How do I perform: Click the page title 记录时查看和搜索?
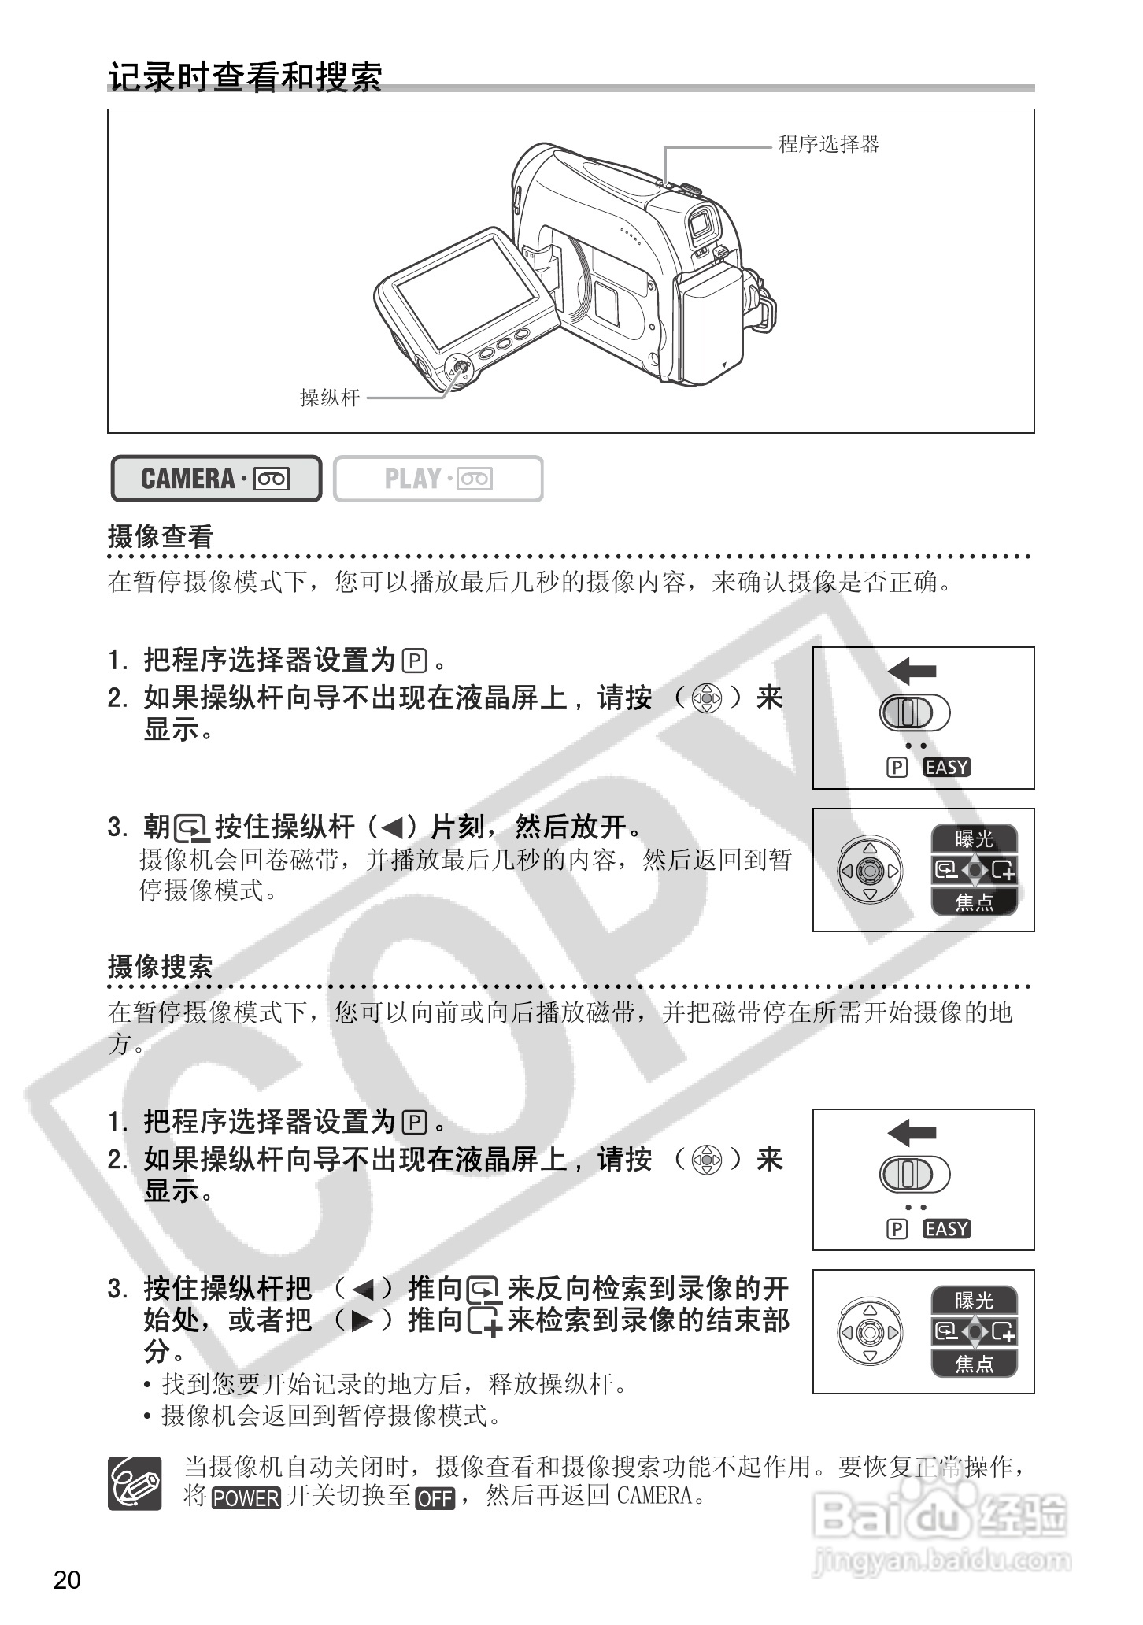click(245, 77)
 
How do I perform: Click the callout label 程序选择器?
click(828, 144)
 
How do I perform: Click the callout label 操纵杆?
click(329, 398)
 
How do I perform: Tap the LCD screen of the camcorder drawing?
click(466, 294)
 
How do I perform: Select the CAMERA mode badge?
click(216, 479)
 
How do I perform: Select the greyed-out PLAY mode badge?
click(438, 479)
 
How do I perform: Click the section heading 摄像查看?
click(161, 537)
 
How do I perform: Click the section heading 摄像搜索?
click(161, 967)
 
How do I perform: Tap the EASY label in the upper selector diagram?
click(947, 767)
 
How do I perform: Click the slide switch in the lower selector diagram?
click(913, 1175)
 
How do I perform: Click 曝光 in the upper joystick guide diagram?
click(975, 839)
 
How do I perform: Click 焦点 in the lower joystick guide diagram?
click(975, 1363)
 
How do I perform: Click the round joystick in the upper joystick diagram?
click(869, 871)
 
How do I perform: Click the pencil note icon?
click(135, 1483)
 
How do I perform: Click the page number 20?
click(67, 1580)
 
